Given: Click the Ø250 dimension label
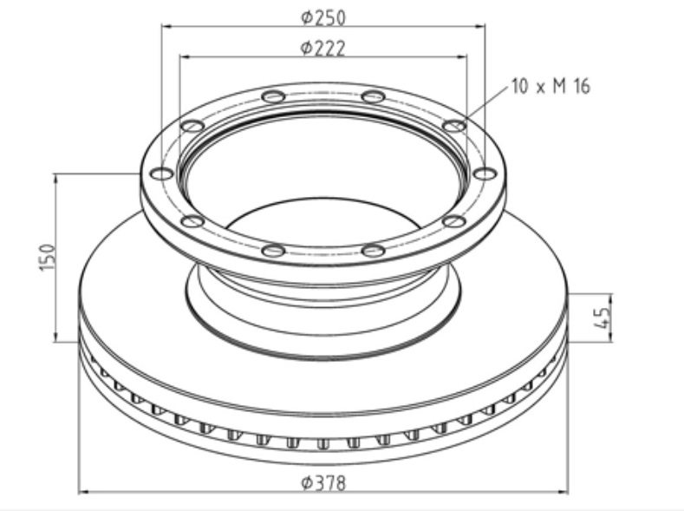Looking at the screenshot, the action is (323, 17).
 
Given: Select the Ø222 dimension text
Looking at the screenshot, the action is (323, 48).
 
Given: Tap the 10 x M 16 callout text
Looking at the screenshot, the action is (550, 86).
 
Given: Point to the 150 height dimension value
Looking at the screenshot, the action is (48, 258).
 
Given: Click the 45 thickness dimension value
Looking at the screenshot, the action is (602, 318).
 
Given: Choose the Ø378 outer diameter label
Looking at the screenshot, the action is (323, 482).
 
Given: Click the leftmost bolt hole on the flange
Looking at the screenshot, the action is (162, 174).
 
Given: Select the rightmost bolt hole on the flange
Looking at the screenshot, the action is (485, 174).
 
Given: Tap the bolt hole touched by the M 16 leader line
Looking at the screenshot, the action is (454, 126).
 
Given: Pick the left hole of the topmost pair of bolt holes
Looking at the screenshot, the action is (273, 96).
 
